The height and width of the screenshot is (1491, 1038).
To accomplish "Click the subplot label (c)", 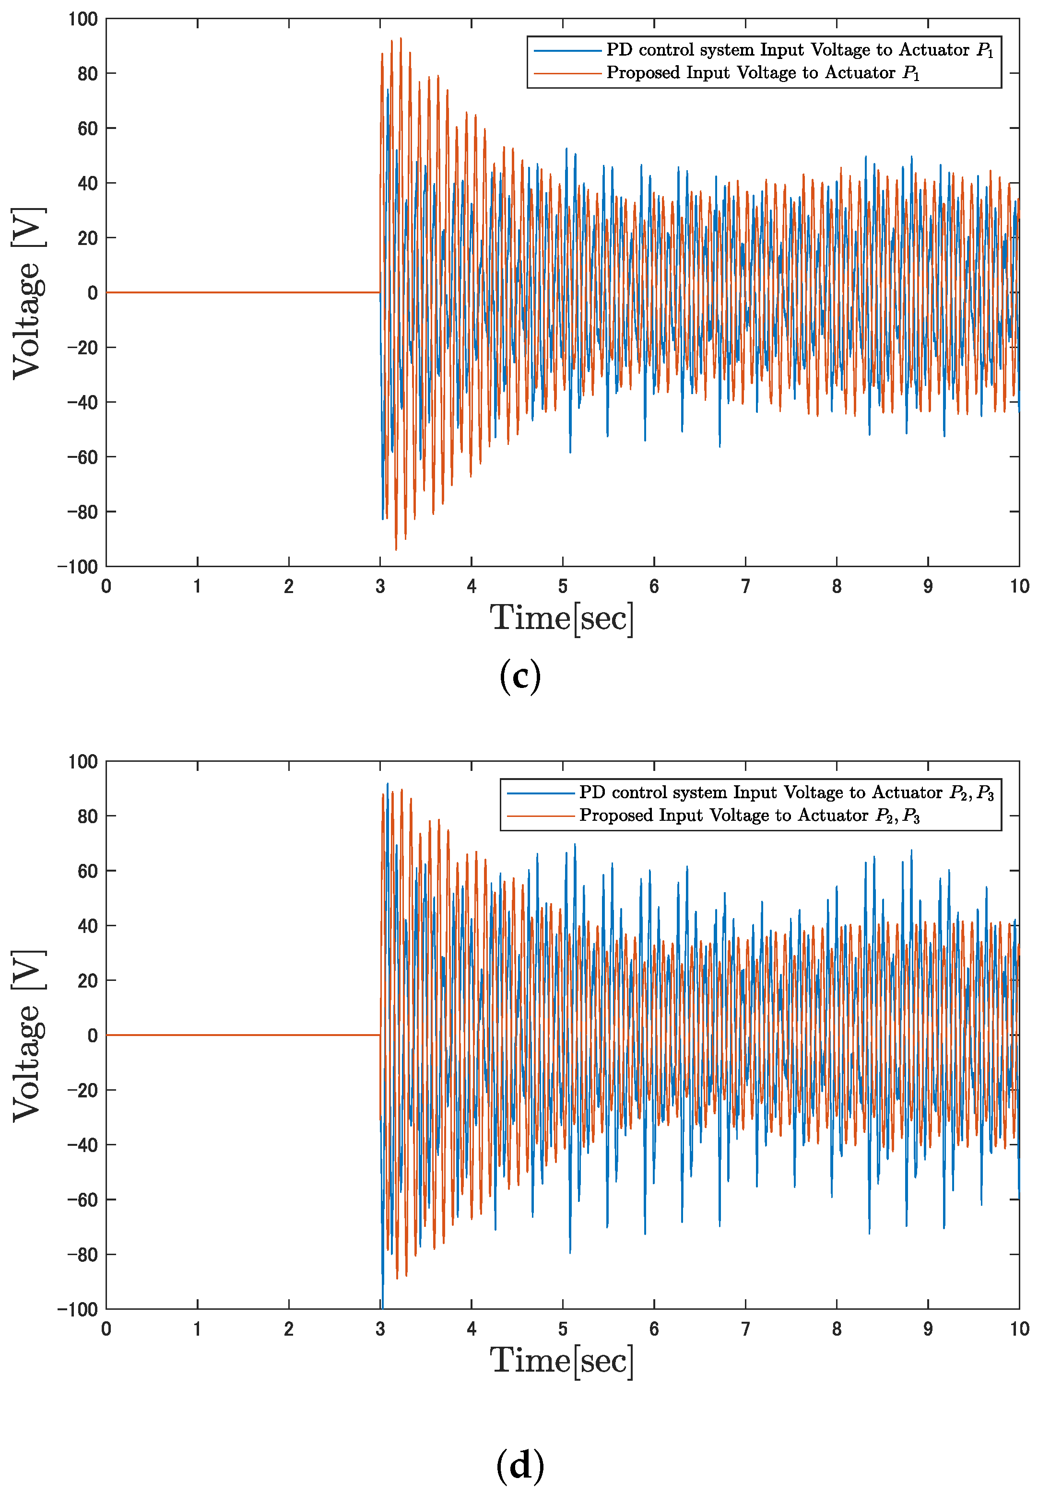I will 519,676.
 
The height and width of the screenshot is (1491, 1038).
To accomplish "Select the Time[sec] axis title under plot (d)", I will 561,1361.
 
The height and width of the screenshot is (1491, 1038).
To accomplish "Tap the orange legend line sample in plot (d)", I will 541,815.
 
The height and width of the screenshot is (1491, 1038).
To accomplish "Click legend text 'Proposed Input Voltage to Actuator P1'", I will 763,73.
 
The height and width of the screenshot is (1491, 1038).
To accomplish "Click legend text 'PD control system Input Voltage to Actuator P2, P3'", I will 786,793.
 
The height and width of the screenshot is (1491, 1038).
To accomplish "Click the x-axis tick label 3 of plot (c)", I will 380,586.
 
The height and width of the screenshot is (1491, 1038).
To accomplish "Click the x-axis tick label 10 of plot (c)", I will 1018,586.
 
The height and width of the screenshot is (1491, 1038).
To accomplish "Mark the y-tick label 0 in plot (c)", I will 92,293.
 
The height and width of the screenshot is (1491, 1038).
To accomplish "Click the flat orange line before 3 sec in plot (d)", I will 240,1035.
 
